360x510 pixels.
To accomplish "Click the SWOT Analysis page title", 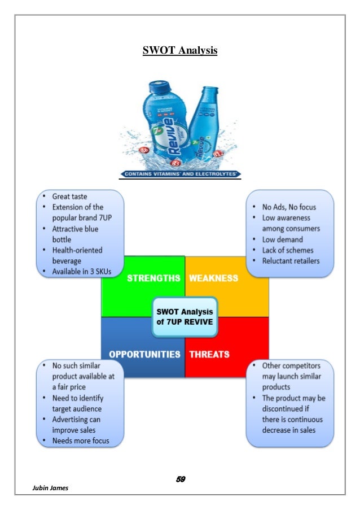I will click(179, 51).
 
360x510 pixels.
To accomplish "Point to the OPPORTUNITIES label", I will click(144, 355).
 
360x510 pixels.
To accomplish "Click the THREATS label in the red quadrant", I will click(209, 355).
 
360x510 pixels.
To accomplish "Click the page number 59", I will click(181, 480).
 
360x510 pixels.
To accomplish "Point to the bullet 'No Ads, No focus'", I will click(286, 207).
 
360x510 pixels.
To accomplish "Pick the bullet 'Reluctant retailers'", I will click(291, 261).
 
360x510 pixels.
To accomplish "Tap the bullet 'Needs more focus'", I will click(80, 441).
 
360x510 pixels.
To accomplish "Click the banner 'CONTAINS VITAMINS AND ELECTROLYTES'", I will click(179, 173).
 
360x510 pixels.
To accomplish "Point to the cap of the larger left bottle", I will click(156, 86).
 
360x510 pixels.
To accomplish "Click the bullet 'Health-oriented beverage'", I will click(78, 255).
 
